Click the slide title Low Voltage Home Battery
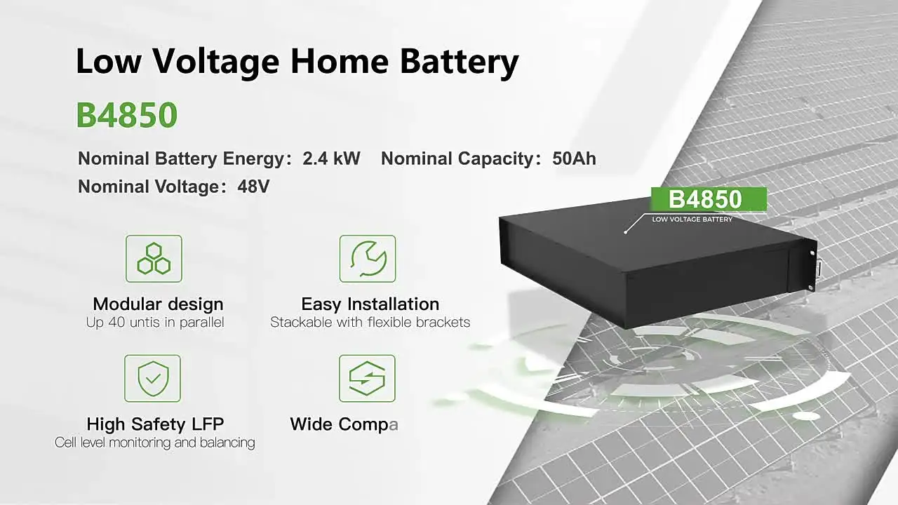pos(297,62)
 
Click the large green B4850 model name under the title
pos(127,116)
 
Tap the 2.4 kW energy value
pos(331,159)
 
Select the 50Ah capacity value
pos(574,159)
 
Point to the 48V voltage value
pos(253,187)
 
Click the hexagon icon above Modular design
pos(154,259)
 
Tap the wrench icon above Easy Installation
pos(368,259)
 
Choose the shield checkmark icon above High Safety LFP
pos(152,379)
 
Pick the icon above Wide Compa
pos(367,379)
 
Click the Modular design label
pos(158,304)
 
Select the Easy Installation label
pos(370,304)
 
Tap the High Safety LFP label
pos(155,424)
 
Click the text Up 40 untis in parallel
pos(155,323)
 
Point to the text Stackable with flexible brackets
pos(370,323)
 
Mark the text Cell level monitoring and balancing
pos(155,443)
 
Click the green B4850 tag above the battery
pos(705,199)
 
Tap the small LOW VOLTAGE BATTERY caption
pos(692,220)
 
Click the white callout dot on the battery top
pos(625,231)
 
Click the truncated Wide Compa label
pos(344,424)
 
